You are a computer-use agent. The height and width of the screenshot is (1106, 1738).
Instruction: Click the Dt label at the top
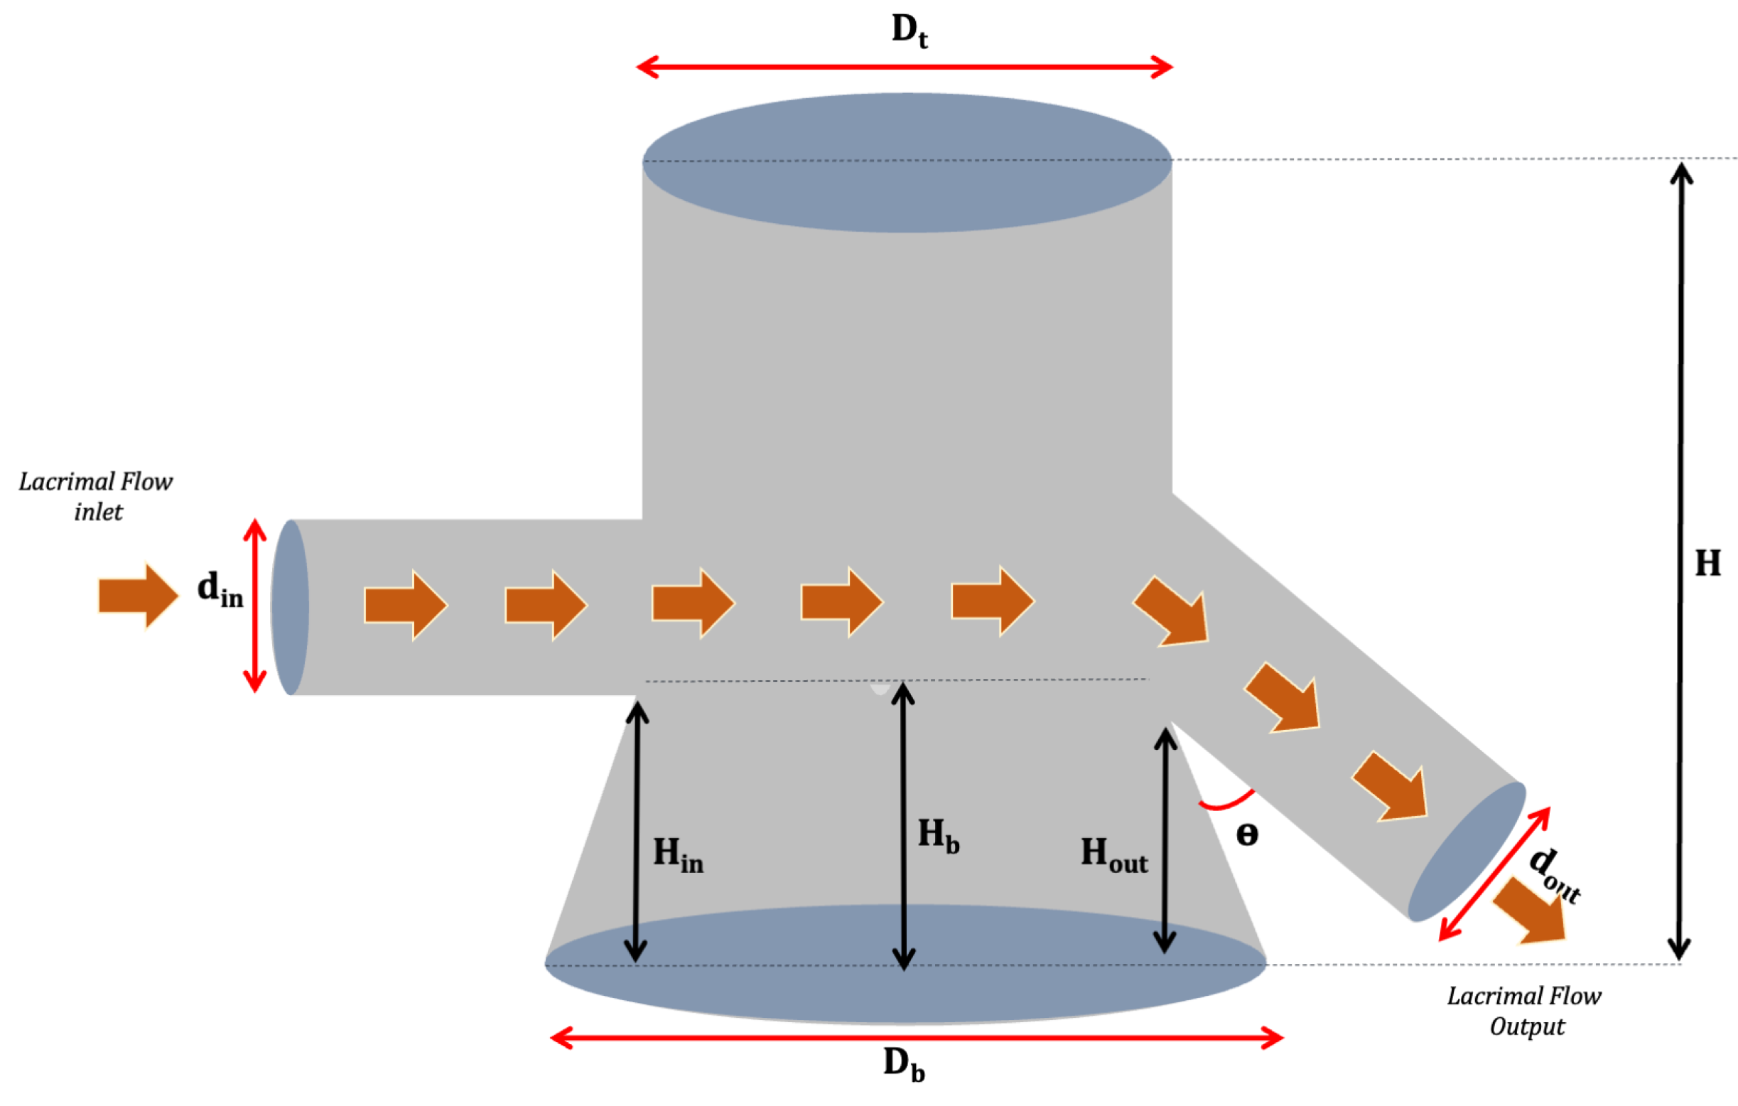pyautogui.click(x=909, y=32)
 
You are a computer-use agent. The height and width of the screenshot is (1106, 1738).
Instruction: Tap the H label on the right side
pyautogui.click(x=1707, y=563)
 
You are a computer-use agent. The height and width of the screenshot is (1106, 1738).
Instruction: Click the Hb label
pyautogui.click(x=937, y=836)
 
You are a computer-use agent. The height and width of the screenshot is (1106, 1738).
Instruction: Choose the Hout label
pyautogui.click(x=1113, y=855)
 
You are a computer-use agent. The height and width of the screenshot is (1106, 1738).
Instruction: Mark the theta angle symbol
pyautogui.click(x=1247, y=835)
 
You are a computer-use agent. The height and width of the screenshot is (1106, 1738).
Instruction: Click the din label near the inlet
pyautogui.click(x=220, y=589)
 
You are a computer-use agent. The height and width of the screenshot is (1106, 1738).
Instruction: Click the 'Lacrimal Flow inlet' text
pyautogui.click(x=96, y=497)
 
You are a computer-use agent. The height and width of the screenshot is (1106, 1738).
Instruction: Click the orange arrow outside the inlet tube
pyautogui.click(x=138, y=596)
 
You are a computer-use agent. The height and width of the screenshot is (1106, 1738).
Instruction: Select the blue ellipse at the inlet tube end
pyautogui.click(x=290, y=607)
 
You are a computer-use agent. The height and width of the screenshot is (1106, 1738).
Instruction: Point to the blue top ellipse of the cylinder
pyautogui.click(x=907, y=163)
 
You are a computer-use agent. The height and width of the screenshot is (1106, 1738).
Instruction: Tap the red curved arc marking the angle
pyautogui.click(x=1226, y=801)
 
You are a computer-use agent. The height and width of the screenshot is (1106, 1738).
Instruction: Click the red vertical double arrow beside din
pyautogui.click(x=255, y=606)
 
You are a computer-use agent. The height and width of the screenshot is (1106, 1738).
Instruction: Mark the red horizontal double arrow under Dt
pyautogui.click(x=905, y=67)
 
